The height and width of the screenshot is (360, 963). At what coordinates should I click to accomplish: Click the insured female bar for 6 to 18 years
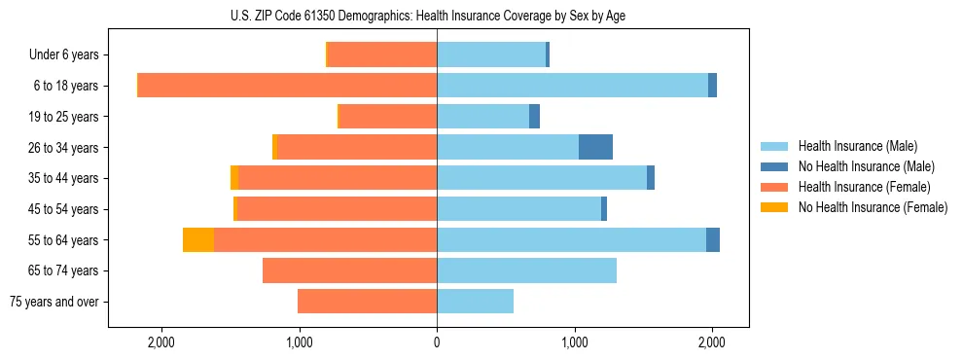[x=287, y=86]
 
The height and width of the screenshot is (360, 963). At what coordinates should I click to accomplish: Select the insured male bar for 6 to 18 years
[x=572, y=86]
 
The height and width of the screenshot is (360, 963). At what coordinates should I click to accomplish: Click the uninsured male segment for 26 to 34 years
[x=595, y=147]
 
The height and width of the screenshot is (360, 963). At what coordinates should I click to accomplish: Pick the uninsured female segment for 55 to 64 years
[x=198, y=239]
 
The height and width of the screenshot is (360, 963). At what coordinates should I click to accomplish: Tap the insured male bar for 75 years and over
[x=475, y=302]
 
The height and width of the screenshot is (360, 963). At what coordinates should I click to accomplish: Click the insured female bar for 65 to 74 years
[x=349, y=270]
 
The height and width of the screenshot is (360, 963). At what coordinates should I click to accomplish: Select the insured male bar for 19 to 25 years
[x=482, y=117]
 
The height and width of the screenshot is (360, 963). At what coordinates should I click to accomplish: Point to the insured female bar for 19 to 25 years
[x=387, y=117]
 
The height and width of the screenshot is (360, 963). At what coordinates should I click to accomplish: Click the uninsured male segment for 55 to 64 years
[x=713, y=239]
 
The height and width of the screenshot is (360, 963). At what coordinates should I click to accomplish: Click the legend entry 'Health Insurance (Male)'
[x=857, y=146]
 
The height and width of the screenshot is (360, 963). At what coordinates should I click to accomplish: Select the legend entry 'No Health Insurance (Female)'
[x=872, y=207]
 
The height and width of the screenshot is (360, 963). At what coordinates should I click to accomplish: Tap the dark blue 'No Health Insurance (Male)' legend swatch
[x=774, y=166]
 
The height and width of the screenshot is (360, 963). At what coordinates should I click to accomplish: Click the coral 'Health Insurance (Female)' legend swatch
[x=774, y=187]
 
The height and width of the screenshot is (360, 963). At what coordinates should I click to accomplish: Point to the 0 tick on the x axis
[x=437, y=342]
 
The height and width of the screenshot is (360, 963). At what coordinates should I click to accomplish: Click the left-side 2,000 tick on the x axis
[x=161, y=342]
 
